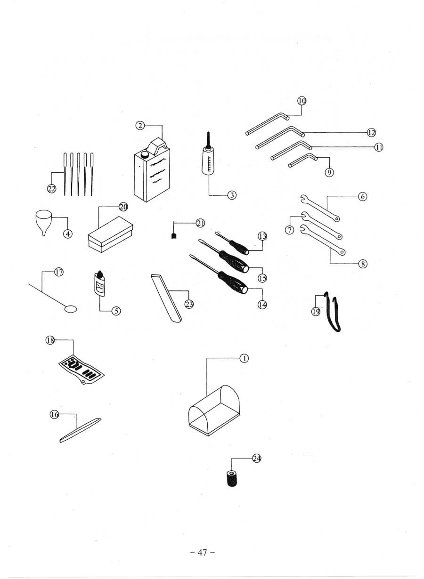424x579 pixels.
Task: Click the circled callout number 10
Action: coord(302,101)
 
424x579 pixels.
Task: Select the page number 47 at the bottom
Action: coord(203,552)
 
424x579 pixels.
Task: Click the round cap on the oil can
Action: coord(144,155)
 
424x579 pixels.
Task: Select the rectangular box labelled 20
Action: coord(110,234)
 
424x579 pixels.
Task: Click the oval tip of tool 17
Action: coord(71,309)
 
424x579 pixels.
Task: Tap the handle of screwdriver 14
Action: coord(233,282)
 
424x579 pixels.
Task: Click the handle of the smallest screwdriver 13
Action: coord(239,247)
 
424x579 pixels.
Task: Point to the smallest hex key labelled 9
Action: coord(303,160)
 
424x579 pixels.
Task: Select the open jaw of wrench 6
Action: coord(304,199)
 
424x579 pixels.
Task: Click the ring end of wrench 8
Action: coord(342,251)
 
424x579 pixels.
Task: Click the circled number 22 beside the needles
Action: coord(52,189)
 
